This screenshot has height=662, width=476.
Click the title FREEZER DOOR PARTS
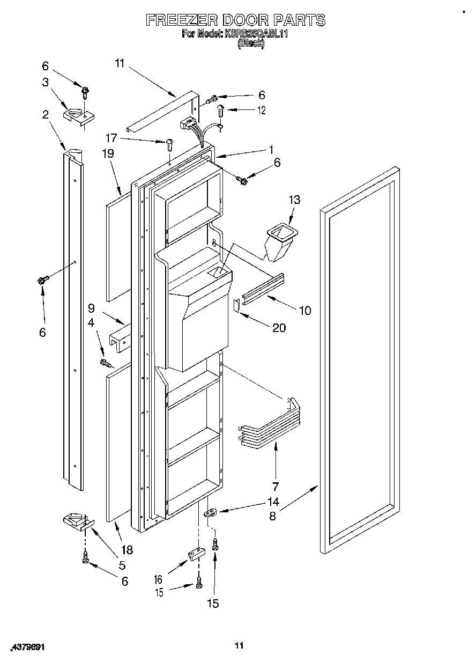[236, 20]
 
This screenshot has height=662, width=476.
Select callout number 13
[294, 200]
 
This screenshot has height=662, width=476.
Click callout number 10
[304, 310]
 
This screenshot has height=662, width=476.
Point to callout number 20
[279, 328]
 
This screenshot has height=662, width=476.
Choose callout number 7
[276, 487]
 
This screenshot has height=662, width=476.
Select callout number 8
[273, 517]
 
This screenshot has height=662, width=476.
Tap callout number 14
[273, 503]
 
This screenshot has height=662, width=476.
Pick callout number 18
[127, 550]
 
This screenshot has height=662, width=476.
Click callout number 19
[108, 153]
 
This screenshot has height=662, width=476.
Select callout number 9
[91, 308]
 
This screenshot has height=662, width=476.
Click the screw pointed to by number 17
[170, 144]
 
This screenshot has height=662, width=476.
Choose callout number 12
[261, 110]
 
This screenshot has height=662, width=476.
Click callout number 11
[119, 63]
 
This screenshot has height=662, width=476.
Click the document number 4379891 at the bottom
[27, 647]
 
